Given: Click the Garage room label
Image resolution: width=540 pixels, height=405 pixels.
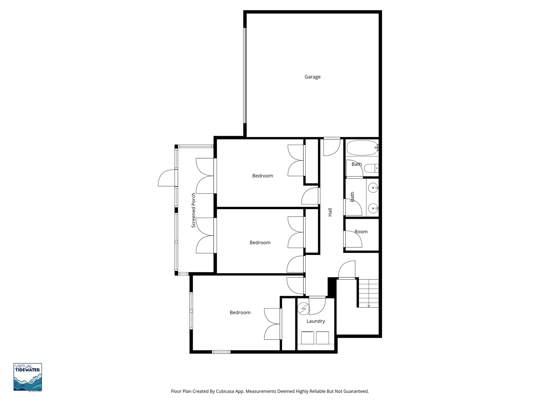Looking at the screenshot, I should coord(312,77).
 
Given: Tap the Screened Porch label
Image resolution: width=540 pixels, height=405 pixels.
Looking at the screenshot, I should coord(194,210).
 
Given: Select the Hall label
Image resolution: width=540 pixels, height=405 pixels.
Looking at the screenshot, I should coord(330,212).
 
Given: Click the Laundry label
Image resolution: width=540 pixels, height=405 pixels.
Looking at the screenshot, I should coord(316,321).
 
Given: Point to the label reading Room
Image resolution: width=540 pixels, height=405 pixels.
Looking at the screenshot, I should coord(361,232).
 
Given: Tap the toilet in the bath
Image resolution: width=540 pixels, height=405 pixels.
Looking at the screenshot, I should coord(373,168).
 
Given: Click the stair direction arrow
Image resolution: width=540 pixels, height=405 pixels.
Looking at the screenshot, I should coord(369,306).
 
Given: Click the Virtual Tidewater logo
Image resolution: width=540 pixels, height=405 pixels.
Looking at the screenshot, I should coord(28,377).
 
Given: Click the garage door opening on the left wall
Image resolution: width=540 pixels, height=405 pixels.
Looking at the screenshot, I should coord(245,76).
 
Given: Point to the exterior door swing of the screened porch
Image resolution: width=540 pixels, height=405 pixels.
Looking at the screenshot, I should coord(167,178).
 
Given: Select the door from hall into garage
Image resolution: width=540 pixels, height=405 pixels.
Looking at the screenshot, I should coord(332,147).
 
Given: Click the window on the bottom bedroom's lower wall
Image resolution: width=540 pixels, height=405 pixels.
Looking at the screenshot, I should coord(221,352).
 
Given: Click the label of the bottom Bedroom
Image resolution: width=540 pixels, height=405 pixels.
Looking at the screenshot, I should coord(240,313).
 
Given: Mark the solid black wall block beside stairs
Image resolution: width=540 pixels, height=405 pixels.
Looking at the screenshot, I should coord(331,287).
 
